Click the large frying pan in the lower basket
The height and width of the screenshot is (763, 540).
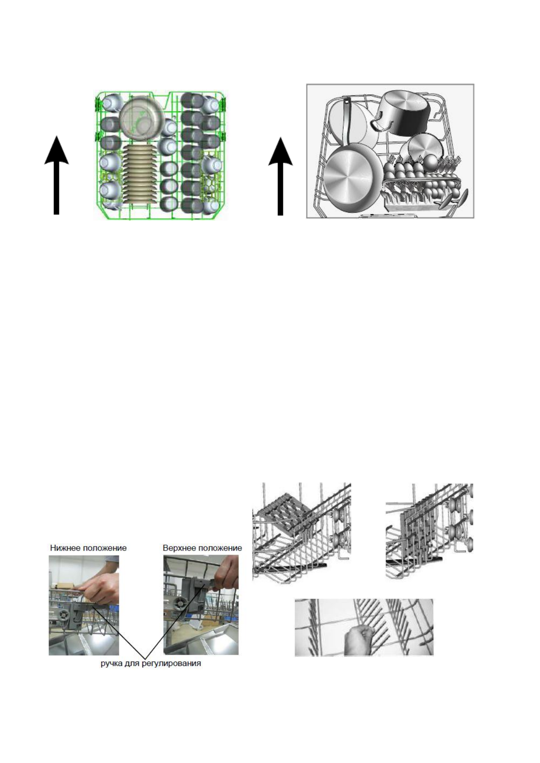click(x=350, y=176)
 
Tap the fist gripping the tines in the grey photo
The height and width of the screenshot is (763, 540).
click(x=359, y=639)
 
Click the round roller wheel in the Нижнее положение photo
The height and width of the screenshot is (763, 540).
click(x=64, y=616)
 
